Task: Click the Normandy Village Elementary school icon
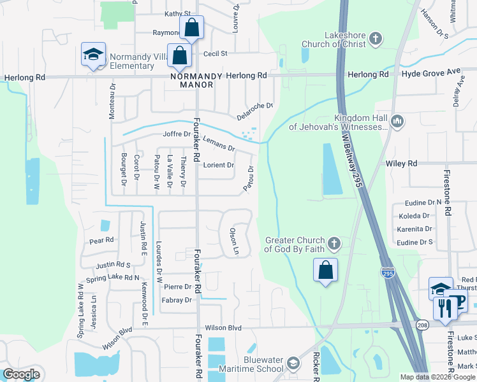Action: click(x=93, y=53)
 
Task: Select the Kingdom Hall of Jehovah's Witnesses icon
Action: click(x=397, y=121)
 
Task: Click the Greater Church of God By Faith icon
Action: click(x=334, y=244)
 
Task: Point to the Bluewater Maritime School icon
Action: click(x=293, y=364)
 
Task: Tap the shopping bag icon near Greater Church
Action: click(x=325, y=270)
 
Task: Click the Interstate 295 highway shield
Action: click(x=388, y=272)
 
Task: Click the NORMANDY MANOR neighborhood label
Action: click(x=196, y=80)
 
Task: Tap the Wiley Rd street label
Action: click(x=402, y=164)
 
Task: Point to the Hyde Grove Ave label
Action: click(x=430, y=74)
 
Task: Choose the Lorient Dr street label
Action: click(x=219, y=166)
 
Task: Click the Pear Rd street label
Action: click(x=101, y=241)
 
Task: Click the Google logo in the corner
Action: click(x=21, y=374)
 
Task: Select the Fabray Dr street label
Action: click(x=177, y=300)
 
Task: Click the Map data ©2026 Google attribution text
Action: click(x=437, y=377)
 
